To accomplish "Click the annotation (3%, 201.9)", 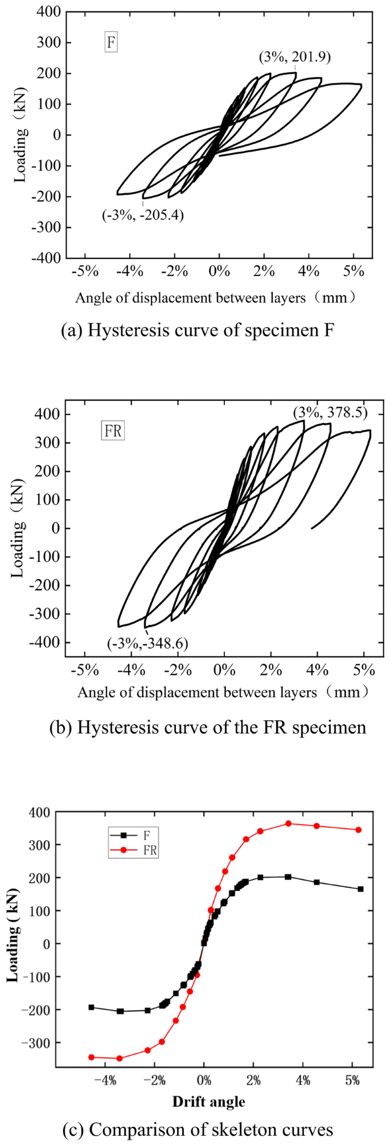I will [295, 57].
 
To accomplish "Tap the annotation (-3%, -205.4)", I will [143, 215].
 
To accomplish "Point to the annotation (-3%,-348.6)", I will [147, 643].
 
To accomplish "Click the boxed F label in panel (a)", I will [111, 43].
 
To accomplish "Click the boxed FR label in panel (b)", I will [113, 431].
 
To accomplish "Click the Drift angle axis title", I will [208, 1101].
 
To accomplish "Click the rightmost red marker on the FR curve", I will [359, 830].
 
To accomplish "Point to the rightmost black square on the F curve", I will [360, 889].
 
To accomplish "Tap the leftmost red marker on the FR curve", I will [91, 1057].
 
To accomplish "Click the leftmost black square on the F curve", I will [91, 1007].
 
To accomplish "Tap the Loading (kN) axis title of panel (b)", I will [19, 528].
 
